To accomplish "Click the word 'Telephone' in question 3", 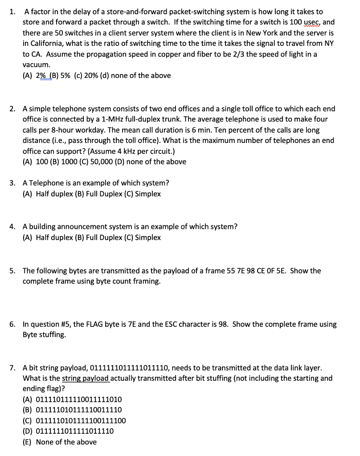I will (x=46, y=183).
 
